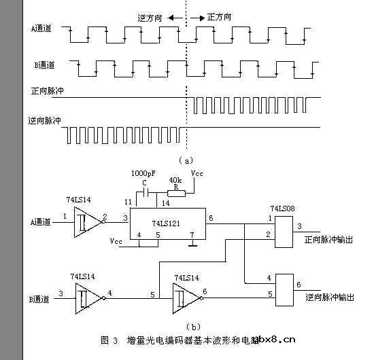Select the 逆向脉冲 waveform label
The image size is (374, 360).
(46, 120)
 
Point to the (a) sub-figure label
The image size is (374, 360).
(186, 160)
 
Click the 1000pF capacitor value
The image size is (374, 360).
(143, 175)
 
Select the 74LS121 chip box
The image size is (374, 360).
(165, 221)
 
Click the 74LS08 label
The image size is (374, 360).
(283, 208)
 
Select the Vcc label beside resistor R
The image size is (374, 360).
(197, 175)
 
